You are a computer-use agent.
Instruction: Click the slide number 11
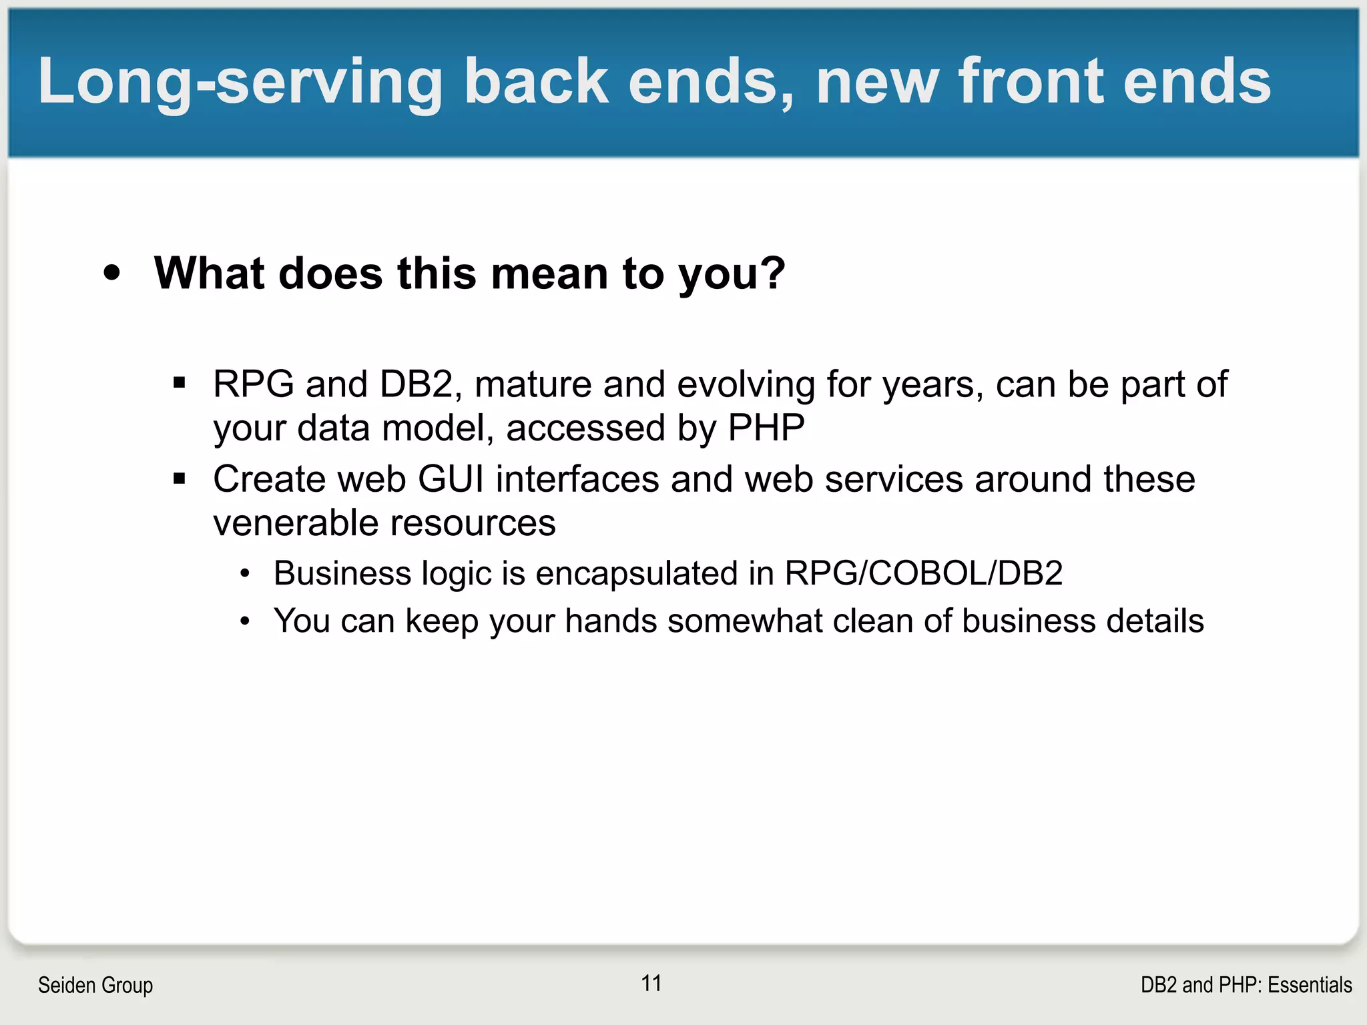[651, 983]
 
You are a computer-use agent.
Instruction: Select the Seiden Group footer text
[95, 985]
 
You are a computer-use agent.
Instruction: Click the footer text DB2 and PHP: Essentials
[1246, 985]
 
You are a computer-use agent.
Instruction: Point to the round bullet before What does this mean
[112, 273]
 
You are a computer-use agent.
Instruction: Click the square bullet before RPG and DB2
[179, 383]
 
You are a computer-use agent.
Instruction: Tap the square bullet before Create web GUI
[179, 478]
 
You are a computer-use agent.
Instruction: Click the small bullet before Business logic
[246, 574]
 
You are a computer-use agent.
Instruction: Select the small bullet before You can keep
[246, 622]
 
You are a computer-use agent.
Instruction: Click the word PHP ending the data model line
[766, 428]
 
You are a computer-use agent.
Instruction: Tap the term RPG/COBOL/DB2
[923, 573]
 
